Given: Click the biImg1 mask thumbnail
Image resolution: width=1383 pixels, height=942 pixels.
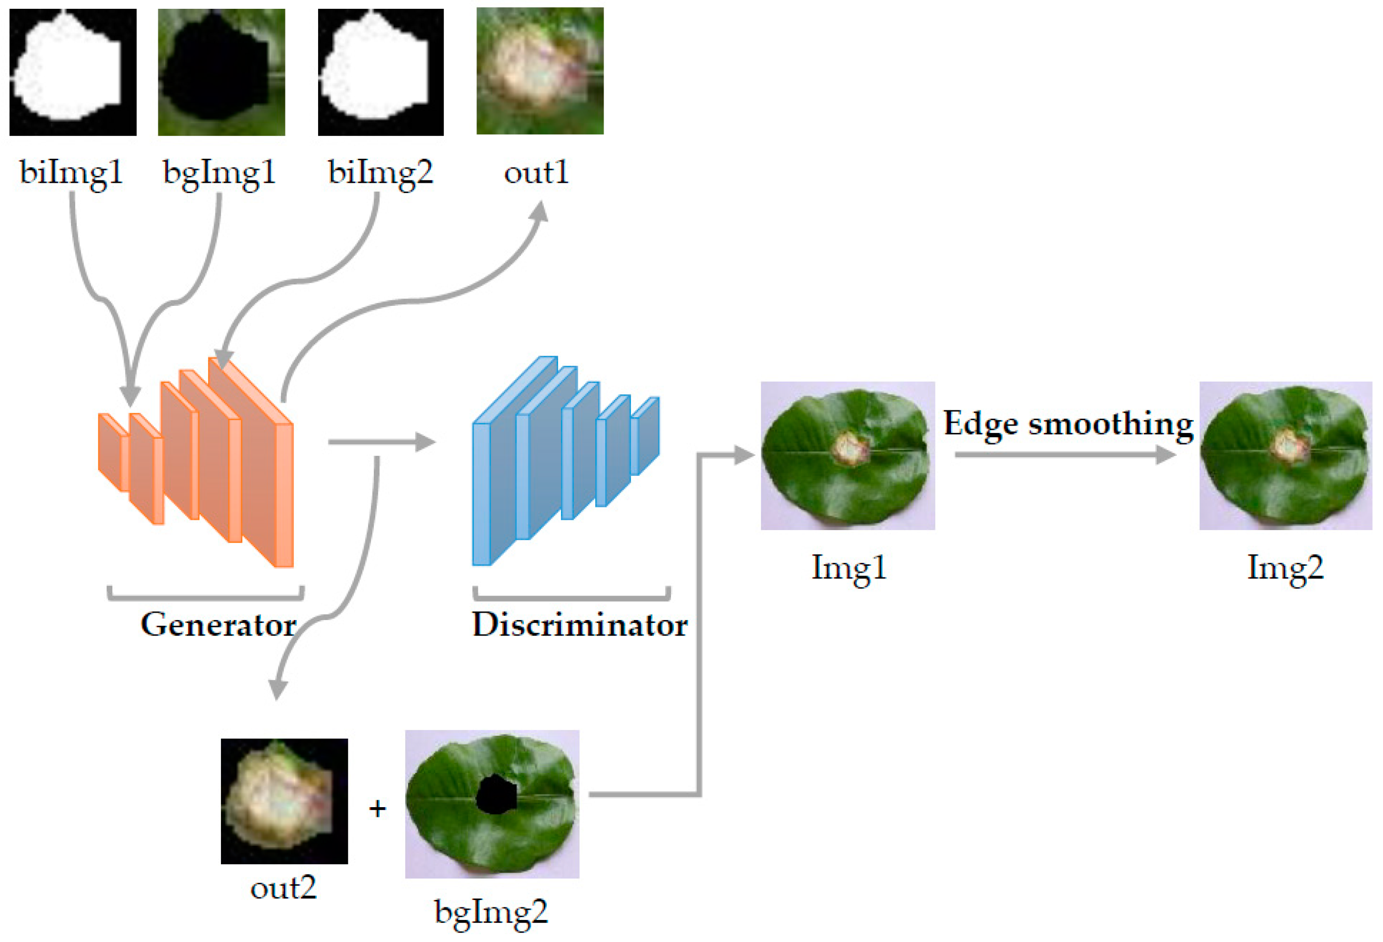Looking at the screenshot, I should [x=73, y=72].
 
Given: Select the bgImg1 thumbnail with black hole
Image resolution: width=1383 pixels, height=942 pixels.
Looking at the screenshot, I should [x=221, y=72].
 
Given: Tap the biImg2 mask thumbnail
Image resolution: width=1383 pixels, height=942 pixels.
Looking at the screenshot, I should [x=381, y=72].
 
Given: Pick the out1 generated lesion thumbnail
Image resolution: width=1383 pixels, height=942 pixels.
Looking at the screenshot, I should [x=540, y=71].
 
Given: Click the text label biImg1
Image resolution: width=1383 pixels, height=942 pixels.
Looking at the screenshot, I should [x=71, y=173].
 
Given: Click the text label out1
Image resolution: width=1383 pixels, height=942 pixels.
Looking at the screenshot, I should [x=536, y=173].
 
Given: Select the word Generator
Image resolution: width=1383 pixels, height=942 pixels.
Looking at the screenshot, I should [x=218, y=625].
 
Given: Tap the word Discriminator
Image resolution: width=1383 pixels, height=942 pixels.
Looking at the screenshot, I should [x=580, y=625].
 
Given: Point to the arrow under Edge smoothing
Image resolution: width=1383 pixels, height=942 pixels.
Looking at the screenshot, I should [x=1065, y=455].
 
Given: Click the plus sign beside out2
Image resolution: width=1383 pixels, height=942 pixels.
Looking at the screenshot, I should [x=377, y=809].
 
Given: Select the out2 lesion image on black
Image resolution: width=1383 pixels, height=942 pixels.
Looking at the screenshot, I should [x=284, y=801].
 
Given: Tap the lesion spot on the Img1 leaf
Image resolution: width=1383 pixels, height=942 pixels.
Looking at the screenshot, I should [x=851, y=448].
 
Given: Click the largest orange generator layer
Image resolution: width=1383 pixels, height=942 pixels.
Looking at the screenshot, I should [x=262, y=470].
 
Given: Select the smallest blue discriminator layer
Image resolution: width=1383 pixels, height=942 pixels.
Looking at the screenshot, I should [x=645, y=436].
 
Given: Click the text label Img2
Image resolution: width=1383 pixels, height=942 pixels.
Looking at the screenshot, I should [x=1285, y=568].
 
